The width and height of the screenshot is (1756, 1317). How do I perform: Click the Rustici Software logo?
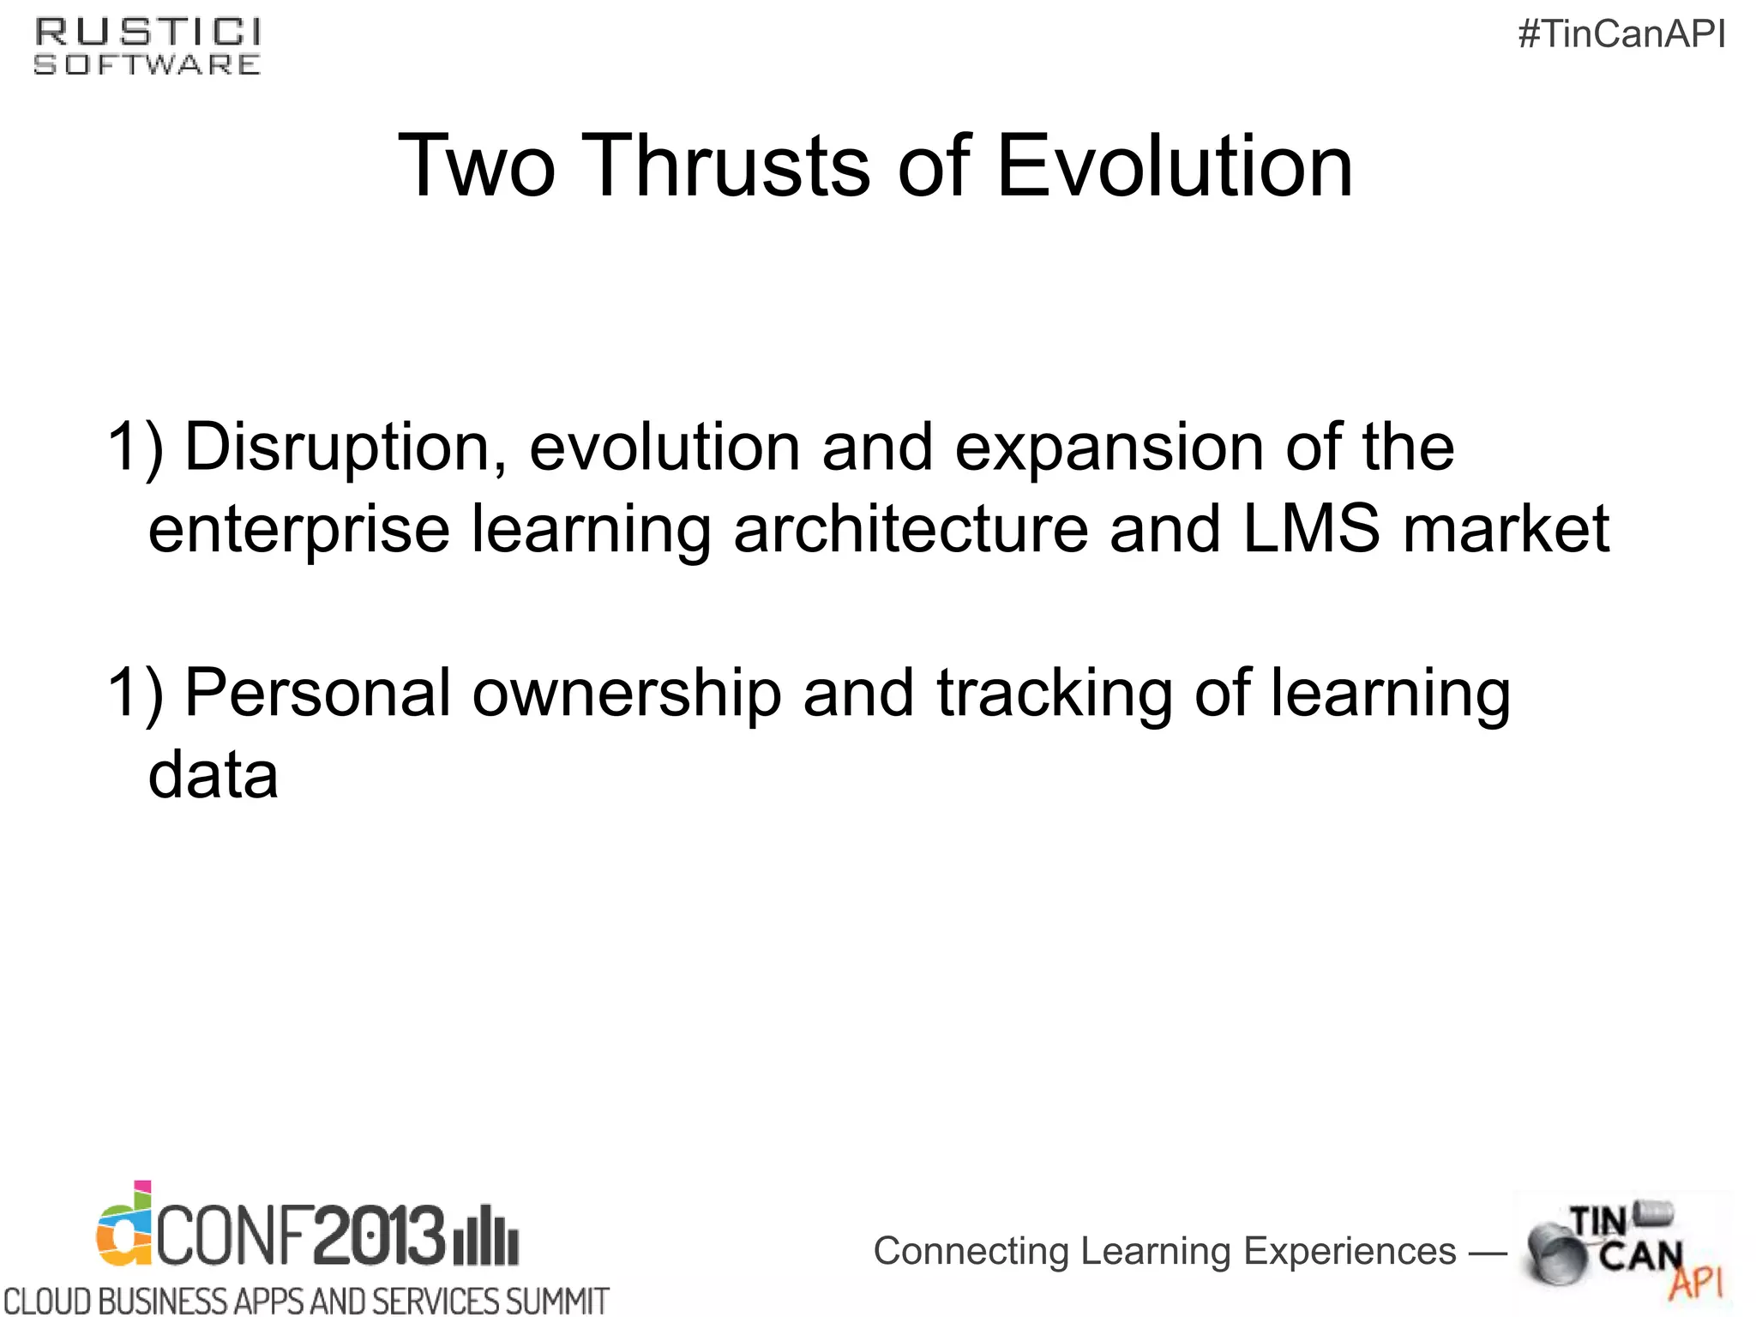[x=147, y=47]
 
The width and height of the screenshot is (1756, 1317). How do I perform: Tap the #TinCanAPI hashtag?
[x=1621, y=34]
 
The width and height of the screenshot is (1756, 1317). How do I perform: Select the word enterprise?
[x=298, y=530]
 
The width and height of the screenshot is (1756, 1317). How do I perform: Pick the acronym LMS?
[x=1311, y=528]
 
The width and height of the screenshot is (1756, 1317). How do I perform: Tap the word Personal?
[x=317, y=693]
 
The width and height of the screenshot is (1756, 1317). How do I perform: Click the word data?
[x=213, y=775]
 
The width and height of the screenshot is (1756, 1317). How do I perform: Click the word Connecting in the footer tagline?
[x=971, y=1252]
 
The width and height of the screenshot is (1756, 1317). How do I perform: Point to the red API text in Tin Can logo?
[x=1695, y=1283]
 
